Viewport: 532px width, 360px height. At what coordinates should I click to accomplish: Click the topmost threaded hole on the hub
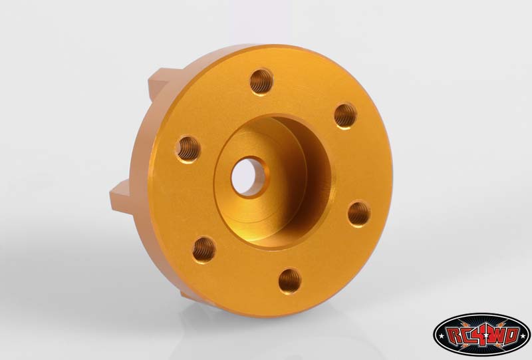click(261, 82)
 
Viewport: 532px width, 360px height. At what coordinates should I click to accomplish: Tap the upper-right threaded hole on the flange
click(345, 116)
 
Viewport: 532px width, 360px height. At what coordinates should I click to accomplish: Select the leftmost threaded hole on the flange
click(188, 150)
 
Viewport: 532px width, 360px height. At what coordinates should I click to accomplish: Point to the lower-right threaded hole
click(359, 214)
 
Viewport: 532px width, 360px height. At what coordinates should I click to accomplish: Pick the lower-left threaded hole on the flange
click(204, 250)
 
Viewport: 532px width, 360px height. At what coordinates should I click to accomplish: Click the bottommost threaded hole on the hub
click(290, 281)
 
